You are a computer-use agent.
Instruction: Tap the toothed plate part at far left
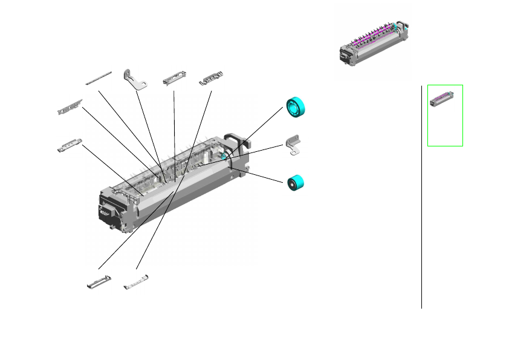point(70,108)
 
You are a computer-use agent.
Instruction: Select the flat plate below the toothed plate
point(70,146)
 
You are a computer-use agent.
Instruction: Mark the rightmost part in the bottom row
point(136,281)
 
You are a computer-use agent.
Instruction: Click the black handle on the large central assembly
point(237,140)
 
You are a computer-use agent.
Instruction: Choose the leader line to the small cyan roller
point(257,174)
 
